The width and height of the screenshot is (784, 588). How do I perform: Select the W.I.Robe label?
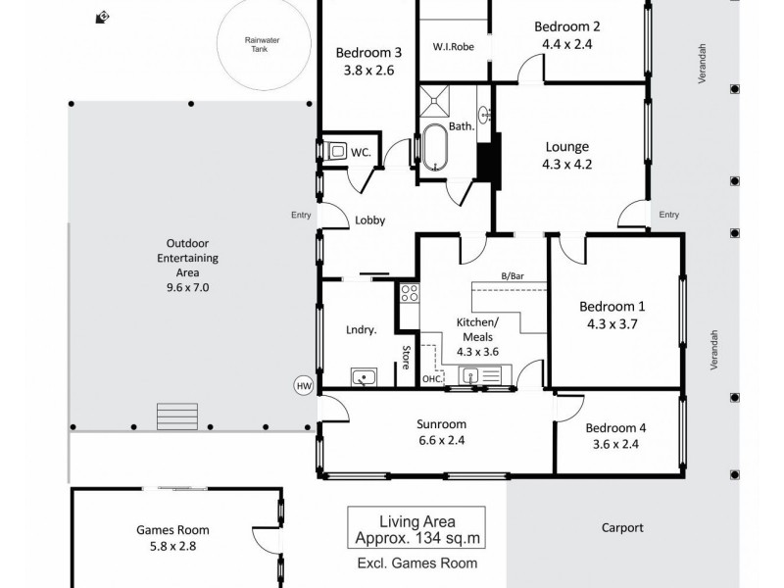click(x=453, y=46)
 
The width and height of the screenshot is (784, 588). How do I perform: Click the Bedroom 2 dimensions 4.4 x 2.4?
click(x=566, y=44)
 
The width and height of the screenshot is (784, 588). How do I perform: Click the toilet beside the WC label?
click(x=336, y=152)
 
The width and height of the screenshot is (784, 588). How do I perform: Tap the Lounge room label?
click(x=566, y=147)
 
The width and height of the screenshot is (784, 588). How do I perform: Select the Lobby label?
click(x=368, y=220)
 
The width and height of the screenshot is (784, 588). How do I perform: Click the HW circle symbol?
click(x=303, y=386)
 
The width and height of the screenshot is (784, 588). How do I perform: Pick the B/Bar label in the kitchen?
click(x=511, y=277)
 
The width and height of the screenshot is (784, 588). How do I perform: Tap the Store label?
click(x=404, y=357)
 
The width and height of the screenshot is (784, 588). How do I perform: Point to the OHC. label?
click(x=432, y=379)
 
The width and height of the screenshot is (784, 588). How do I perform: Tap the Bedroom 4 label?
click(x=615, y=428)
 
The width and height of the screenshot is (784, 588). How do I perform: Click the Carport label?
click(x=622, y=527)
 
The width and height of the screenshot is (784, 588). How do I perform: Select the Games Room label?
click(x=171, y=530)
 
